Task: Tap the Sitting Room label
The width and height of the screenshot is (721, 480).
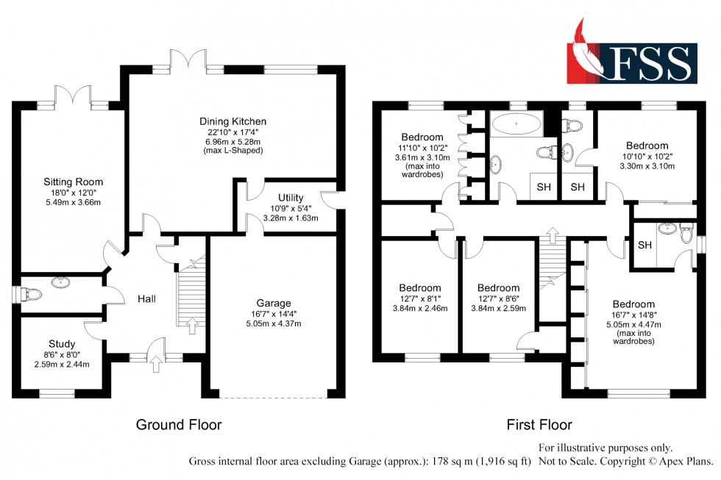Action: pos(73,182)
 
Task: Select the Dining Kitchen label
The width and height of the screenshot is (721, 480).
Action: pos(232,121)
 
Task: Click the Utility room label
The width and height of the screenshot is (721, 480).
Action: pos(291,198)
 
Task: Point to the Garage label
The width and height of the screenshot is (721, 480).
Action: pos(274,303)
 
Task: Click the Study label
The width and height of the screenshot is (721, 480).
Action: pos(62,344)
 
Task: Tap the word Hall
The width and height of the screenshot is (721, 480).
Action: pos(146,299)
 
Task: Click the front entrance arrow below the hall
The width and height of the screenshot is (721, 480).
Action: pos(156,364)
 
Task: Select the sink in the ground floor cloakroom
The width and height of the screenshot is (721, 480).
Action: pos(60,282)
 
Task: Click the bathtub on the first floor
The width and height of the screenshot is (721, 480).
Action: pos(516,123)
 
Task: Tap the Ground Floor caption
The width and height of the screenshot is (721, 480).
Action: pos(179,424)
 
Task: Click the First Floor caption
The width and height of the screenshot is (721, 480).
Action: pos(539,424)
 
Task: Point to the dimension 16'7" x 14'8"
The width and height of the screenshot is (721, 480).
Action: pos(633,315)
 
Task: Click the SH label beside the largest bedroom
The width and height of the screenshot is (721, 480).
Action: pos(644,246)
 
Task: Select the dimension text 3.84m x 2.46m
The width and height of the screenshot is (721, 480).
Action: pos(420,308)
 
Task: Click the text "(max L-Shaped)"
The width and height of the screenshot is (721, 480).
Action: pos(232,150)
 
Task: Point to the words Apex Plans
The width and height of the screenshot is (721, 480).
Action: pos(688,461)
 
